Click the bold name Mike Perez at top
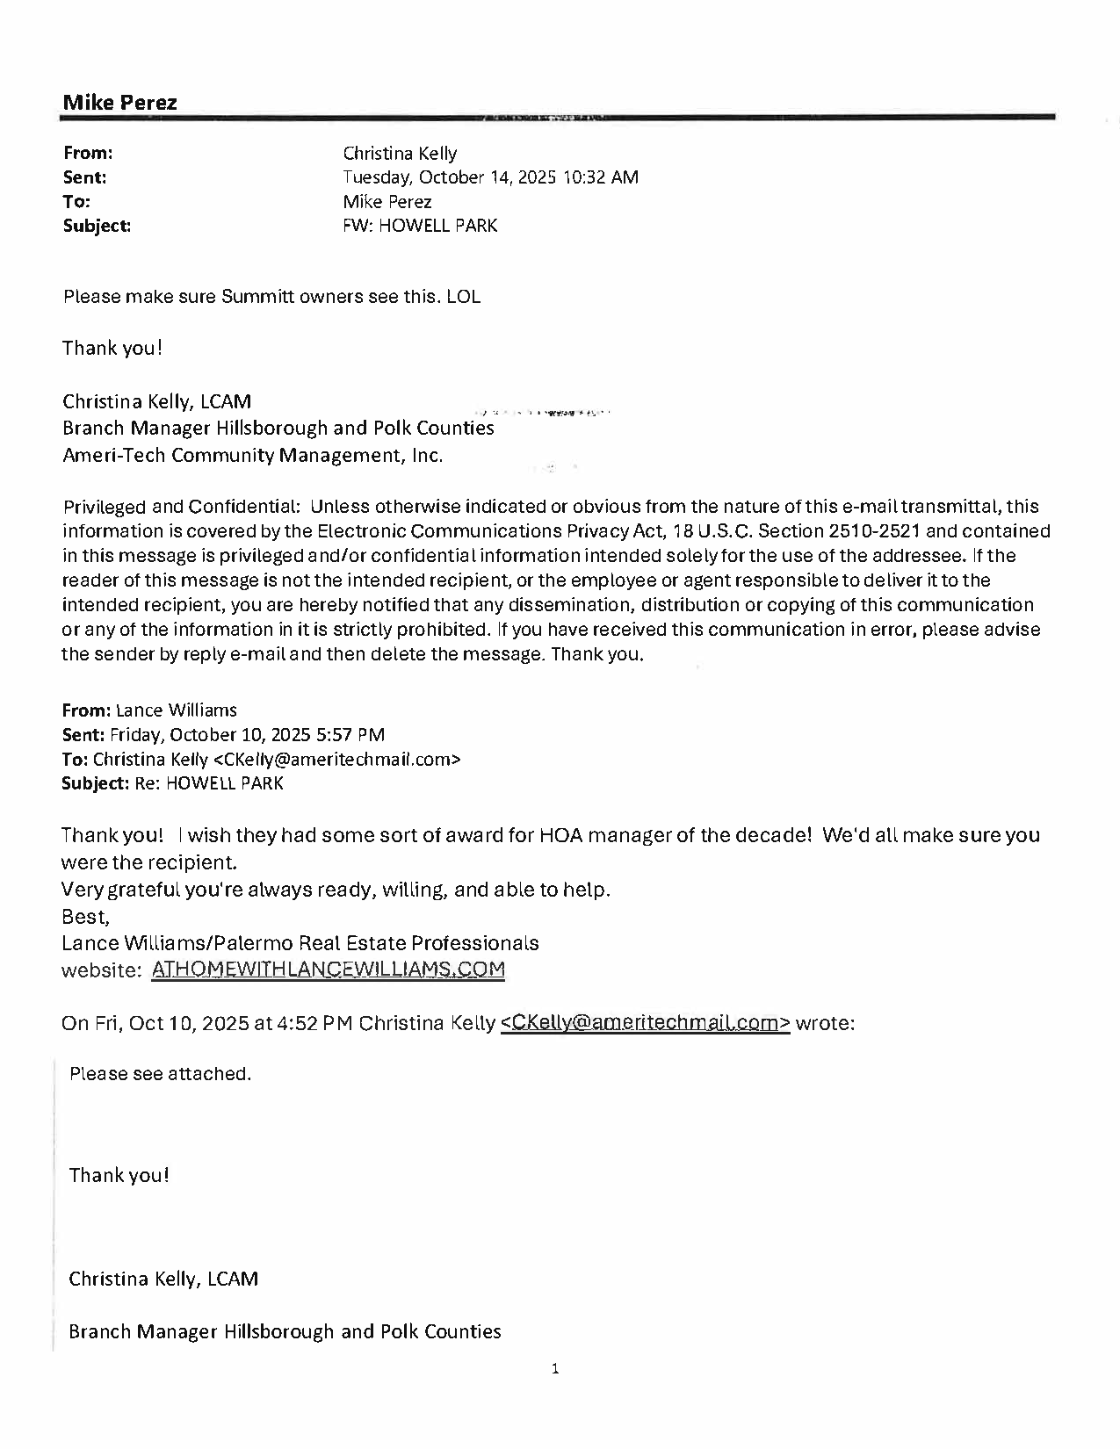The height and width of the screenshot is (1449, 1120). pyautogui.click(x=119, y=102)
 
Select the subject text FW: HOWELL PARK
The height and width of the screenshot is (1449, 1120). pyautogui.click(x=420, y=226)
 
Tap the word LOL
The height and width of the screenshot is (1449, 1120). pyautogui.click(x=464, y=297)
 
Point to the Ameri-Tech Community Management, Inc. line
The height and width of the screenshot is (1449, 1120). pyautogui.click(x=252, y=455)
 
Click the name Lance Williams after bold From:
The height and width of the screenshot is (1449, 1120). pyautogui.click(x=176, y=710)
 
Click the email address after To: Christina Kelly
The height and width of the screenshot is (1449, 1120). pyautogui.click(x=336, y=760)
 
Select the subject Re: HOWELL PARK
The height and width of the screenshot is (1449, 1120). pyautogui.click(x=209, y=783)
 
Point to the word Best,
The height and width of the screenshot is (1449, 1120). pyautogui.click(x=85, y=917)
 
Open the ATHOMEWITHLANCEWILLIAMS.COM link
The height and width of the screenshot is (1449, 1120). pyautogui.click(x=329, y=970)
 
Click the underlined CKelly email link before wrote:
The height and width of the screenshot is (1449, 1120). pyautogui.click(x=645, y=1023)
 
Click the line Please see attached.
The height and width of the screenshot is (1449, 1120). pyautogui.click(x=160, y=1074)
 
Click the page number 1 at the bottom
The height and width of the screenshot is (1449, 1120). pyautogui.click(x=555, y=1368)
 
